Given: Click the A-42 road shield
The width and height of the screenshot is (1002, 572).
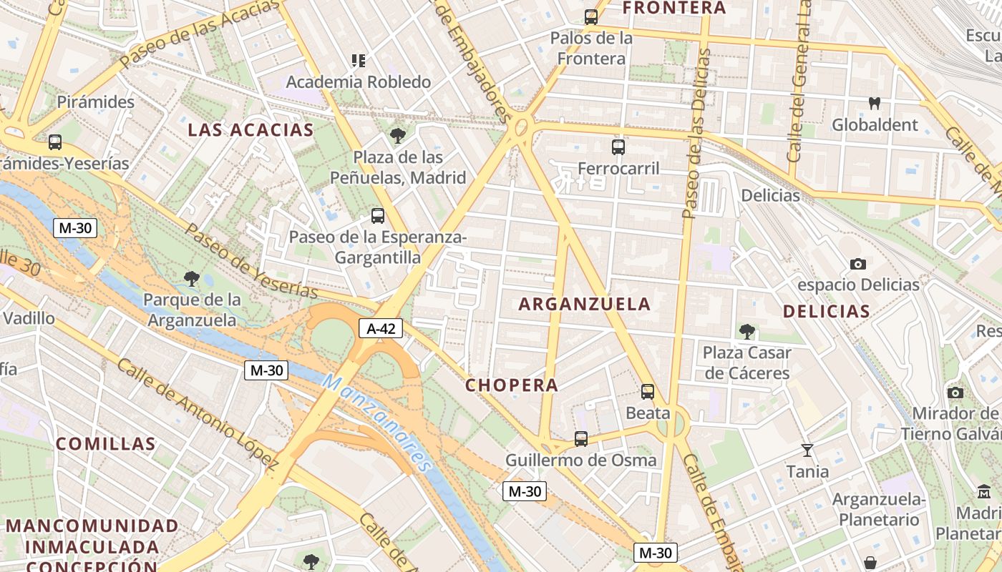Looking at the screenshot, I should click(x=381, y=328).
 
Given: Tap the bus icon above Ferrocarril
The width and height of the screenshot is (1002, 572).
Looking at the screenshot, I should click(x=618, y=147).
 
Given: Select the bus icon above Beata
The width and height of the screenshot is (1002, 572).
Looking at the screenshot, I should click(x=648, y=391).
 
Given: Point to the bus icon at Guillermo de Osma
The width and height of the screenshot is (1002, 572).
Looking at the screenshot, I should click(x=581, y=438).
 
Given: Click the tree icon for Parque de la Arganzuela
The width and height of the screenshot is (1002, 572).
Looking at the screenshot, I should click(x=191, y=278).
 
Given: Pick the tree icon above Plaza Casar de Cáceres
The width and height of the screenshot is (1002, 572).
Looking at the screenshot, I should click(x=747, y=331).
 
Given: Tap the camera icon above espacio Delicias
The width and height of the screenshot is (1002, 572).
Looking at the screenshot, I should click(x=858, y=264).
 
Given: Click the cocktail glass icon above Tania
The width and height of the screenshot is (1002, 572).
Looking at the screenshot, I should click(x=807, y=450).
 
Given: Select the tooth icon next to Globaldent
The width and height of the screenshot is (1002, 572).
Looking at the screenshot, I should click(x=874, y=103).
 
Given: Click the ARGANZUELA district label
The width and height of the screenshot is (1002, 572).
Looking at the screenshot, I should click(x=585, y=304).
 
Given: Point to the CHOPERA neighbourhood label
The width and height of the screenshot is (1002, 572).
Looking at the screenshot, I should click(x=512, y=385).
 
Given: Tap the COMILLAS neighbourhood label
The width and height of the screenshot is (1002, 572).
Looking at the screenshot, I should click(x=106, y=443).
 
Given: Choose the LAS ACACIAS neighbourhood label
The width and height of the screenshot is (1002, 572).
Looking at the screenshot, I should click(x=250, y=129).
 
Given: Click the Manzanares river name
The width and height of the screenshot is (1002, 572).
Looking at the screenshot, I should click(x=379, y=423).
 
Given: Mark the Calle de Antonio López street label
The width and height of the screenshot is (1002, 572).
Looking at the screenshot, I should click(x=198, y=413).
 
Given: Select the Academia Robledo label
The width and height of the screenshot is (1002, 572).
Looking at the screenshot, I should click(x=359, y=82).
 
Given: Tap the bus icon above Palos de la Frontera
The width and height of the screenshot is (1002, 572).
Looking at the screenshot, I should click(x=591, y=16).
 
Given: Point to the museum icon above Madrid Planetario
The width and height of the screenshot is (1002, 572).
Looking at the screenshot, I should click(x=984, y=492).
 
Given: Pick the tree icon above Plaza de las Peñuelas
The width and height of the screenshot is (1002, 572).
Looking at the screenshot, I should click(x=398, y=135).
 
